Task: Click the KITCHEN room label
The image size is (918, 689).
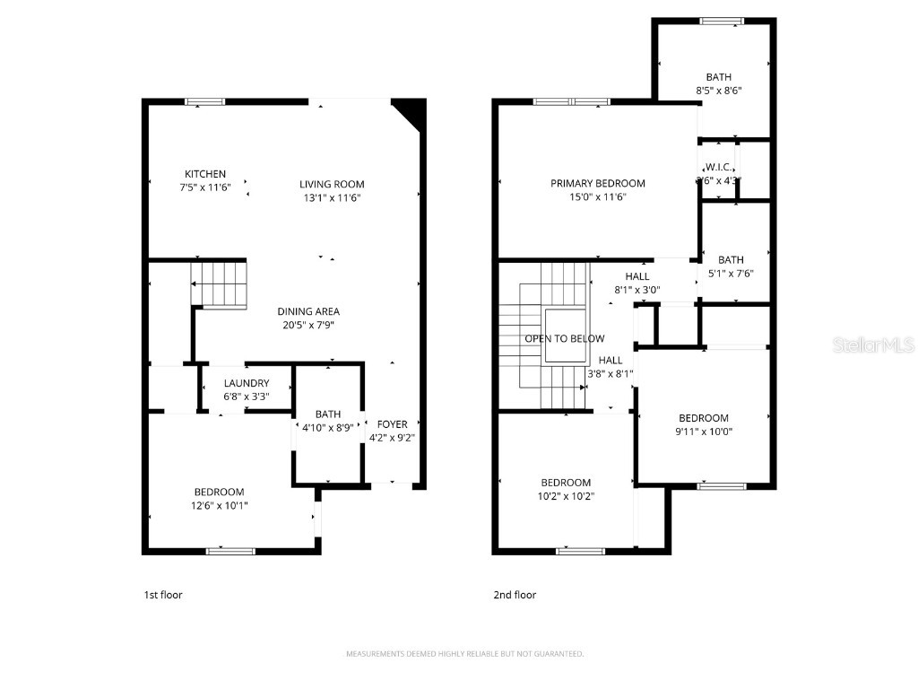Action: click(205, 174)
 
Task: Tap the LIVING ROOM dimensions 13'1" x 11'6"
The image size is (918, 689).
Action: click(332, 197)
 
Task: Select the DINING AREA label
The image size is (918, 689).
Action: click(308, 311)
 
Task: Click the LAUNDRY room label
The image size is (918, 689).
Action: click(246, 383)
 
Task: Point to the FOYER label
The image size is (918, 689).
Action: click(392, 424)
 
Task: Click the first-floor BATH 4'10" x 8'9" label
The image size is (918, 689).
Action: click(327, 428)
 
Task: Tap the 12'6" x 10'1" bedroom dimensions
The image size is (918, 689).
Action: click(220, 505)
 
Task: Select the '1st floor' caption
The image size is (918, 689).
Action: click(163, 595)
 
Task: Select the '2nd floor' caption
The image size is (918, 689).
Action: click(515, 595)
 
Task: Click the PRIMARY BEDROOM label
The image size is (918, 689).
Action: click(598, 183)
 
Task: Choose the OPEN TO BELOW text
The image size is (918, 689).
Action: click(565, 338)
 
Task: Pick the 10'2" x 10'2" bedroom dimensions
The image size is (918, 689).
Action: click(566, 495)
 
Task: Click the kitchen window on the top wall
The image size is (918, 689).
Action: click(204, 101)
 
